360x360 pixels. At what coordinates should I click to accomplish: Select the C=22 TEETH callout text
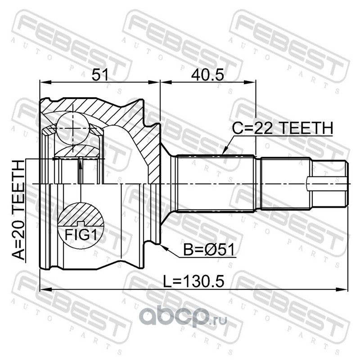(283, 128)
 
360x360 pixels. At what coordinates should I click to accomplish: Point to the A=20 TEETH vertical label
(18, 210)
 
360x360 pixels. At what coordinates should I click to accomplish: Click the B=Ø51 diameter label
(209, 250)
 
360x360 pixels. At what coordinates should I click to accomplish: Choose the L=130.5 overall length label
(193, 282)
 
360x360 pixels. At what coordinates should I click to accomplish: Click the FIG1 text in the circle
(81, 234)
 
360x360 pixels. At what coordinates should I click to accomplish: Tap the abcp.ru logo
(183, 317)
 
